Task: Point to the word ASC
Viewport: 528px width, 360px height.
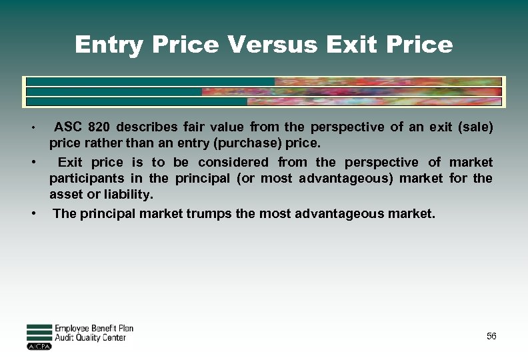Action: point(68,127)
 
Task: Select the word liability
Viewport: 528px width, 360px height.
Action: point(127,195)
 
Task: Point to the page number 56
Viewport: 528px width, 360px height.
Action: point(491,336)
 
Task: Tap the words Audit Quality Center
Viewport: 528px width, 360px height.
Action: point(90,338)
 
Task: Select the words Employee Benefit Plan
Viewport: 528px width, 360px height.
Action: point(94,329)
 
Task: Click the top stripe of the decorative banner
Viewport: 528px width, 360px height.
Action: point(264,81)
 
